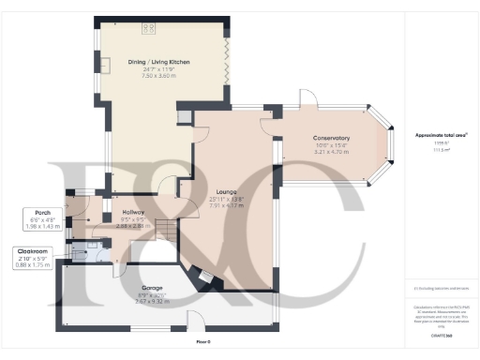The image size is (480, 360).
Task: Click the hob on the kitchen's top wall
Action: [x=148, y=28]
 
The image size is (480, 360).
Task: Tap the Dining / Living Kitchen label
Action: [x=158, y=62]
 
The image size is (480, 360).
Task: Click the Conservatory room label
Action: [x=330, y=139]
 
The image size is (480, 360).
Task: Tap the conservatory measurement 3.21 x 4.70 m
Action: [x=330, y=156]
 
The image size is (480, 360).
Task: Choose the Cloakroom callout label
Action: [x=31, y=251]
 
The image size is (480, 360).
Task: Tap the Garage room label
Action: [x=152, y=288]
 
